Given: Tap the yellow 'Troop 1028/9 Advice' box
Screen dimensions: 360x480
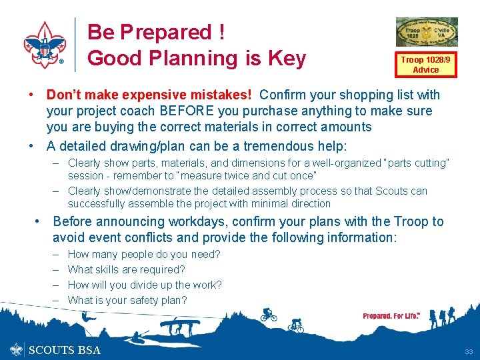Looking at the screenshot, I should pos(425,65).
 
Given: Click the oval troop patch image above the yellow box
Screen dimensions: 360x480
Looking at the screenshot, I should pos(426,32).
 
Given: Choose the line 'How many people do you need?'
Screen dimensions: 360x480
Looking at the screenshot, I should pos(144,254).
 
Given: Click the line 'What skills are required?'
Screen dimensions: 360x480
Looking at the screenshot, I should pos(126,269).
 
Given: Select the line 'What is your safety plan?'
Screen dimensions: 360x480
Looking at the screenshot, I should pos(127,300).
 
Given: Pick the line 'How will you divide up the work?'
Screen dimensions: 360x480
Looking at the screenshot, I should pos(145,285).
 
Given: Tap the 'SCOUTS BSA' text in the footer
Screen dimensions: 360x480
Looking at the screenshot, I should pos(65,350).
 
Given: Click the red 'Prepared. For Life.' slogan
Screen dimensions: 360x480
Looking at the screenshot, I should pos(391,316).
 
